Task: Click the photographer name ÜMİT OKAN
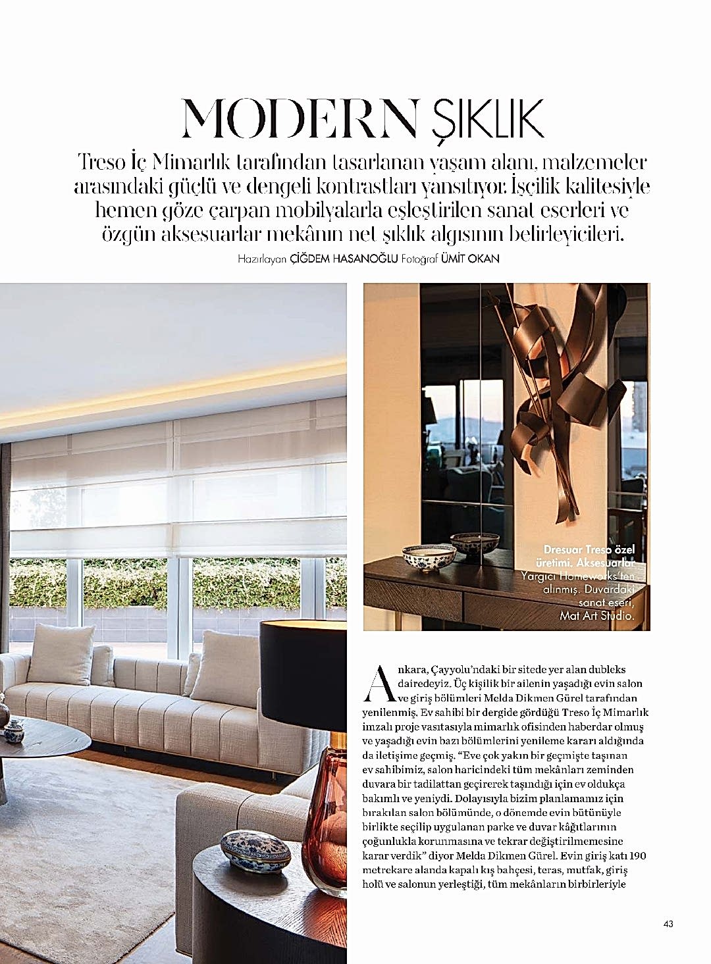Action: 470,259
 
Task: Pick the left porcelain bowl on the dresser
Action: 421,557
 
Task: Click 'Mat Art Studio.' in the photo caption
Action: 596,617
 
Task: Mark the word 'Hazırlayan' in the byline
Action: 263,259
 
